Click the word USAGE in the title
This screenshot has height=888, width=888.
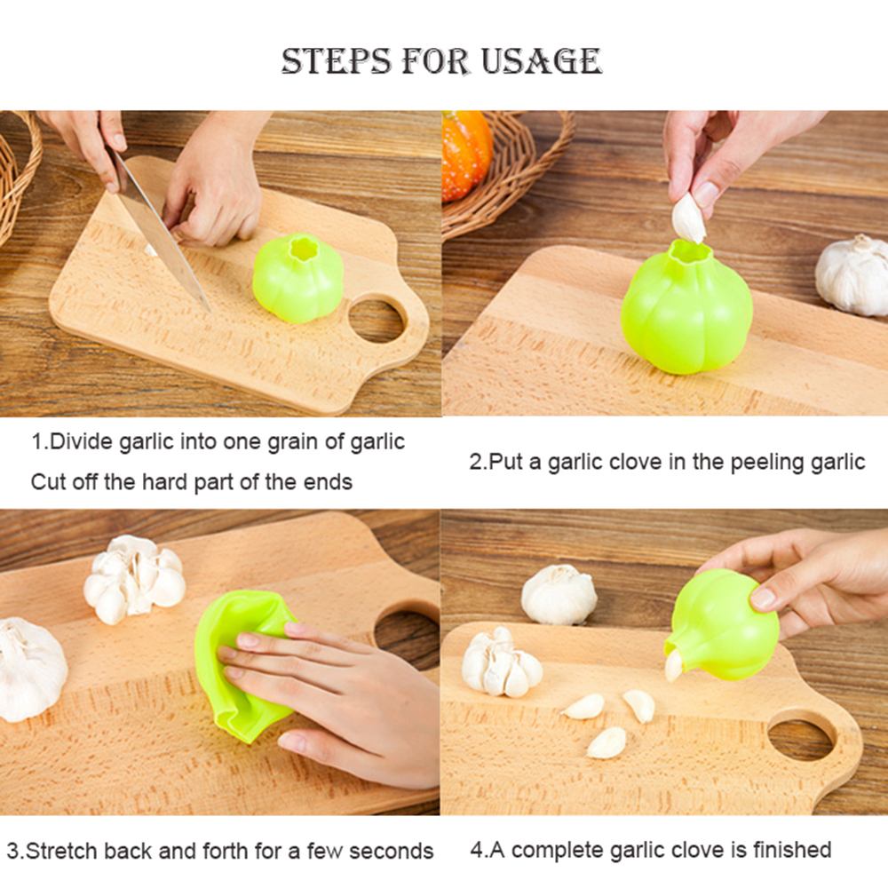point(541,61)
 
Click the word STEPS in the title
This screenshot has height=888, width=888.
point(336,61)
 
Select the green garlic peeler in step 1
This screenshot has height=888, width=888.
point(297,278)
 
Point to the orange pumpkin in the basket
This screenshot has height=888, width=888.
point(466,155)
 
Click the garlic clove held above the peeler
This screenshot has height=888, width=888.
point(688,218)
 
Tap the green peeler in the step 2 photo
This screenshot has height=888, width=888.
point(687,308)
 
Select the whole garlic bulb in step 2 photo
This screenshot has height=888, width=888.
point(852,275)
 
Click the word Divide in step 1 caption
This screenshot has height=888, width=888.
point(81,441)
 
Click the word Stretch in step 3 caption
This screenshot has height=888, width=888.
point(61,852)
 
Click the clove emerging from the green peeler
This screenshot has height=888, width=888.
point(673,666)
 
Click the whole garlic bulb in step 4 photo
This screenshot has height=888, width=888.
point(559,595)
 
